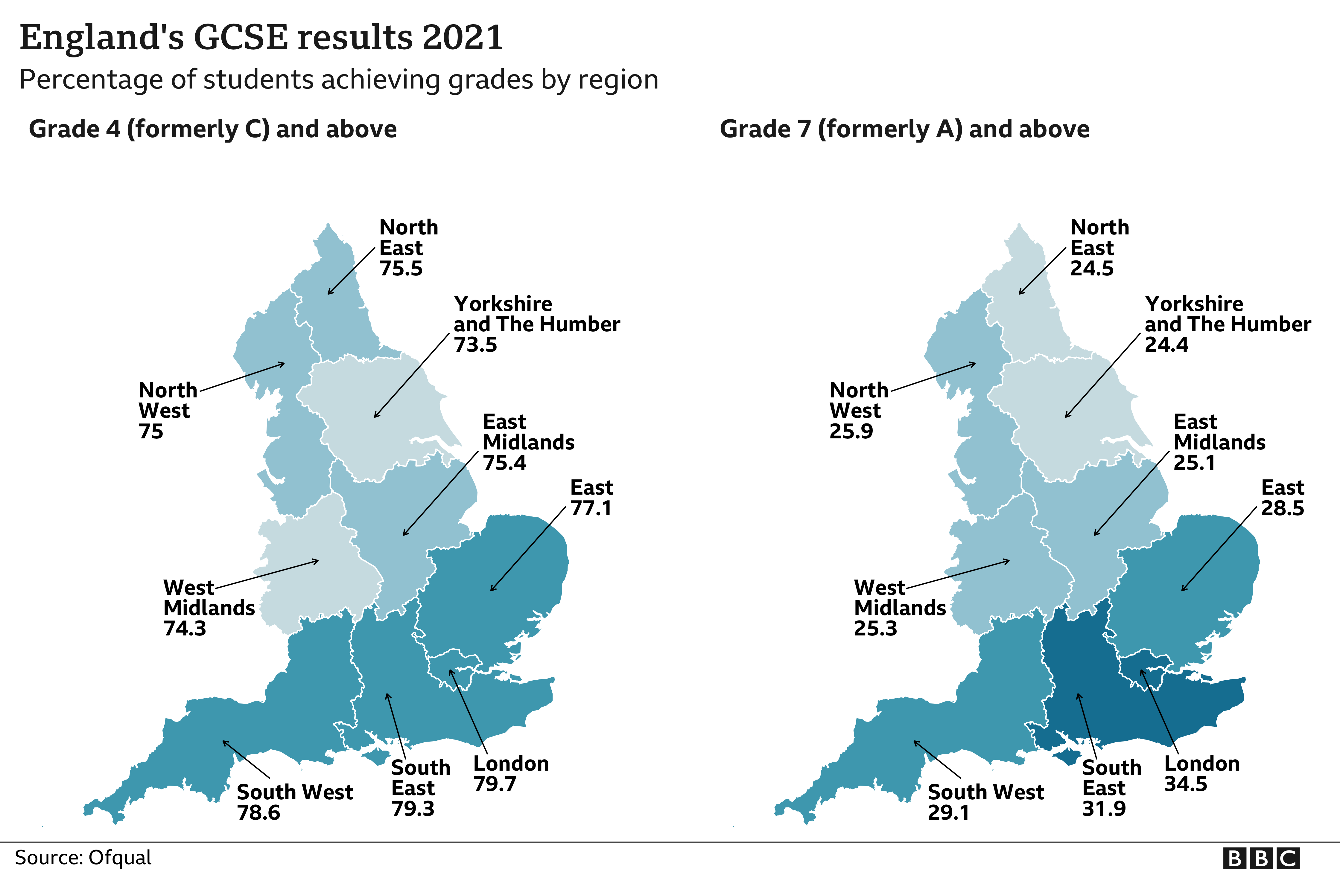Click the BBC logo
1261,858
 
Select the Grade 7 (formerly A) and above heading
904,129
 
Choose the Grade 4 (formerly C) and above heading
213,129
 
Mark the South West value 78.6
258,812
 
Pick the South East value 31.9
1104,808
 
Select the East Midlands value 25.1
1194,463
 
